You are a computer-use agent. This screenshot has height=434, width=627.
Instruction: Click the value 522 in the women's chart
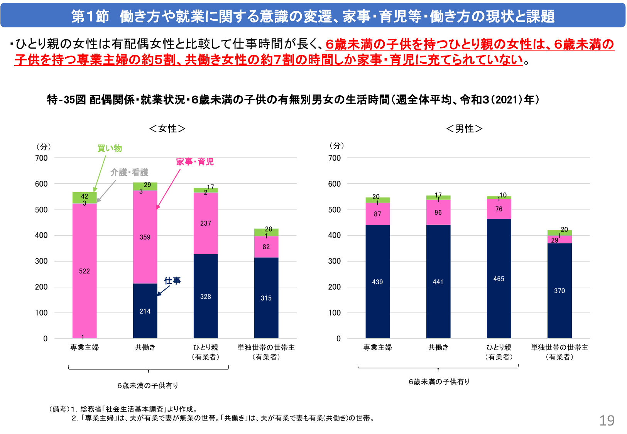85,271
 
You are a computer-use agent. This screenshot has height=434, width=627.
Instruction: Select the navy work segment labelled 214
145,311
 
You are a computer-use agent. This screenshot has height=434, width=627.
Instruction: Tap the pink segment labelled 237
206,223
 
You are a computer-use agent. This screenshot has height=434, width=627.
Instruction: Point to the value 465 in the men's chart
499,279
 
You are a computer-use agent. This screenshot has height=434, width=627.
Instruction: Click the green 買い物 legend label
110,148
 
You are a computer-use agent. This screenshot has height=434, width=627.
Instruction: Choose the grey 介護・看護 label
129,172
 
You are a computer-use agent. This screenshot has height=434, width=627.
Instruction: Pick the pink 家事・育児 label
195,162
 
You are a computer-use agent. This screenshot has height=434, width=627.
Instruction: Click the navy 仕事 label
172,281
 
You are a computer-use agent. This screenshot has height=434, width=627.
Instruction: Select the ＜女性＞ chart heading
167,128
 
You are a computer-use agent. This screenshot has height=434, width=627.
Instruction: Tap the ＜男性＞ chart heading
464,128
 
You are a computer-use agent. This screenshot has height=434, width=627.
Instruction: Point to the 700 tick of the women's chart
41,158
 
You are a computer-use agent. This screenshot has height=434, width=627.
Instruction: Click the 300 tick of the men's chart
335,261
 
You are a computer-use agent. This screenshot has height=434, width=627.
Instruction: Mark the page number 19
607,420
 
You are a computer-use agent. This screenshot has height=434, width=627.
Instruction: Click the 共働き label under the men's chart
438,348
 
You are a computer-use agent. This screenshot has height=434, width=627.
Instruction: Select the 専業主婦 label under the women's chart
85,348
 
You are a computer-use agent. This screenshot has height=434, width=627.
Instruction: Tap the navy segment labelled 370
559,291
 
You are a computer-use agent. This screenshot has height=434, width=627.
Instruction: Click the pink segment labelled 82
266,247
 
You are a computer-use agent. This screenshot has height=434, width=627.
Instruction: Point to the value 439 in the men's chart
377,282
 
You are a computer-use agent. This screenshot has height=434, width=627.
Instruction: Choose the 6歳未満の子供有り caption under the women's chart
148,385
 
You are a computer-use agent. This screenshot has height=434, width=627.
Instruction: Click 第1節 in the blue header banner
90,16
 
